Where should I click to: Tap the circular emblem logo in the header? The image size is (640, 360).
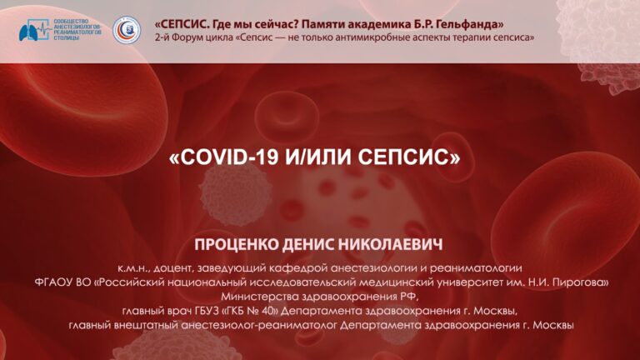pos(127,30)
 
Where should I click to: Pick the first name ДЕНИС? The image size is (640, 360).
pos(309,244)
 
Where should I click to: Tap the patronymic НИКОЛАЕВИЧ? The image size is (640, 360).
pos(391,244)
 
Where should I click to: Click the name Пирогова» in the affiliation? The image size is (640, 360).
pos(585,282)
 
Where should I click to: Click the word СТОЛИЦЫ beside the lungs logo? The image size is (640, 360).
pos(64,38)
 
